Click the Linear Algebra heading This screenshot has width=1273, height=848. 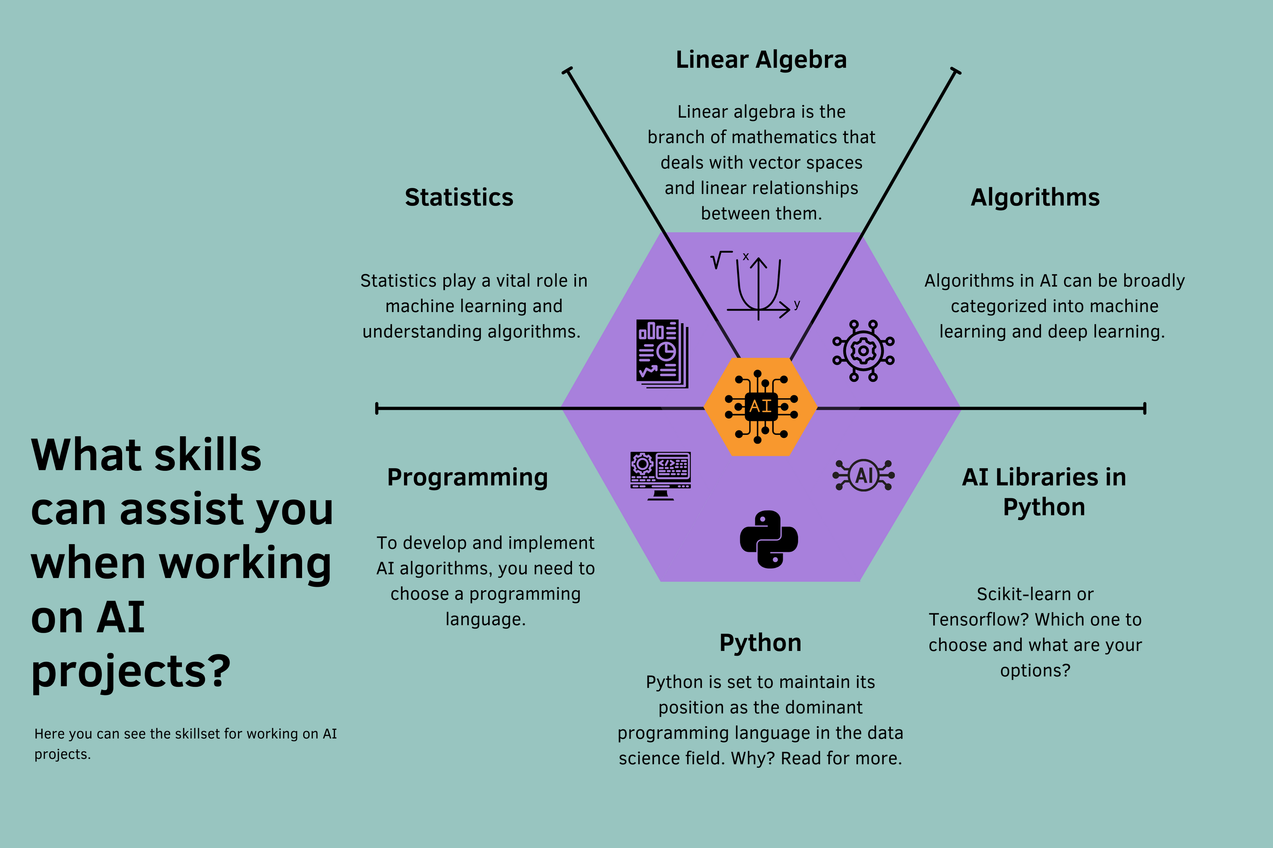click(761, 60)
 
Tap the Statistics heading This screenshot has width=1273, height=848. click(459, 197)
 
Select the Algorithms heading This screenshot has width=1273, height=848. click(1034, 197)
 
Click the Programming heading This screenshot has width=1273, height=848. click(467, 477)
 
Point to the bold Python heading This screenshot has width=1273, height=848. click(760, 643)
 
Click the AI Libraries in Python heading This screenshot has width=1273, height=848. click(1044, 492)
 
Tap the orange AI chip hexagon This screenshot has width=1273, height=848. click(760, 407)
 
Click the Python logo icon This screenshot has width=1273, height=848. click(769, 539)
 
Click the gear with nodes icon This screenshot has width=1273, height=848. click(863, 351)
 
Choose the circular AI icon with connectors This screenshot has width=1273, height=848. click(863, 475)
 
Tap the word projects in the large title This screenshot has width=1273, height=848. click(130, 672)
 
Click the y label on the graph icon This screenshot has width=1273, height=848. click(797, 304)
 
